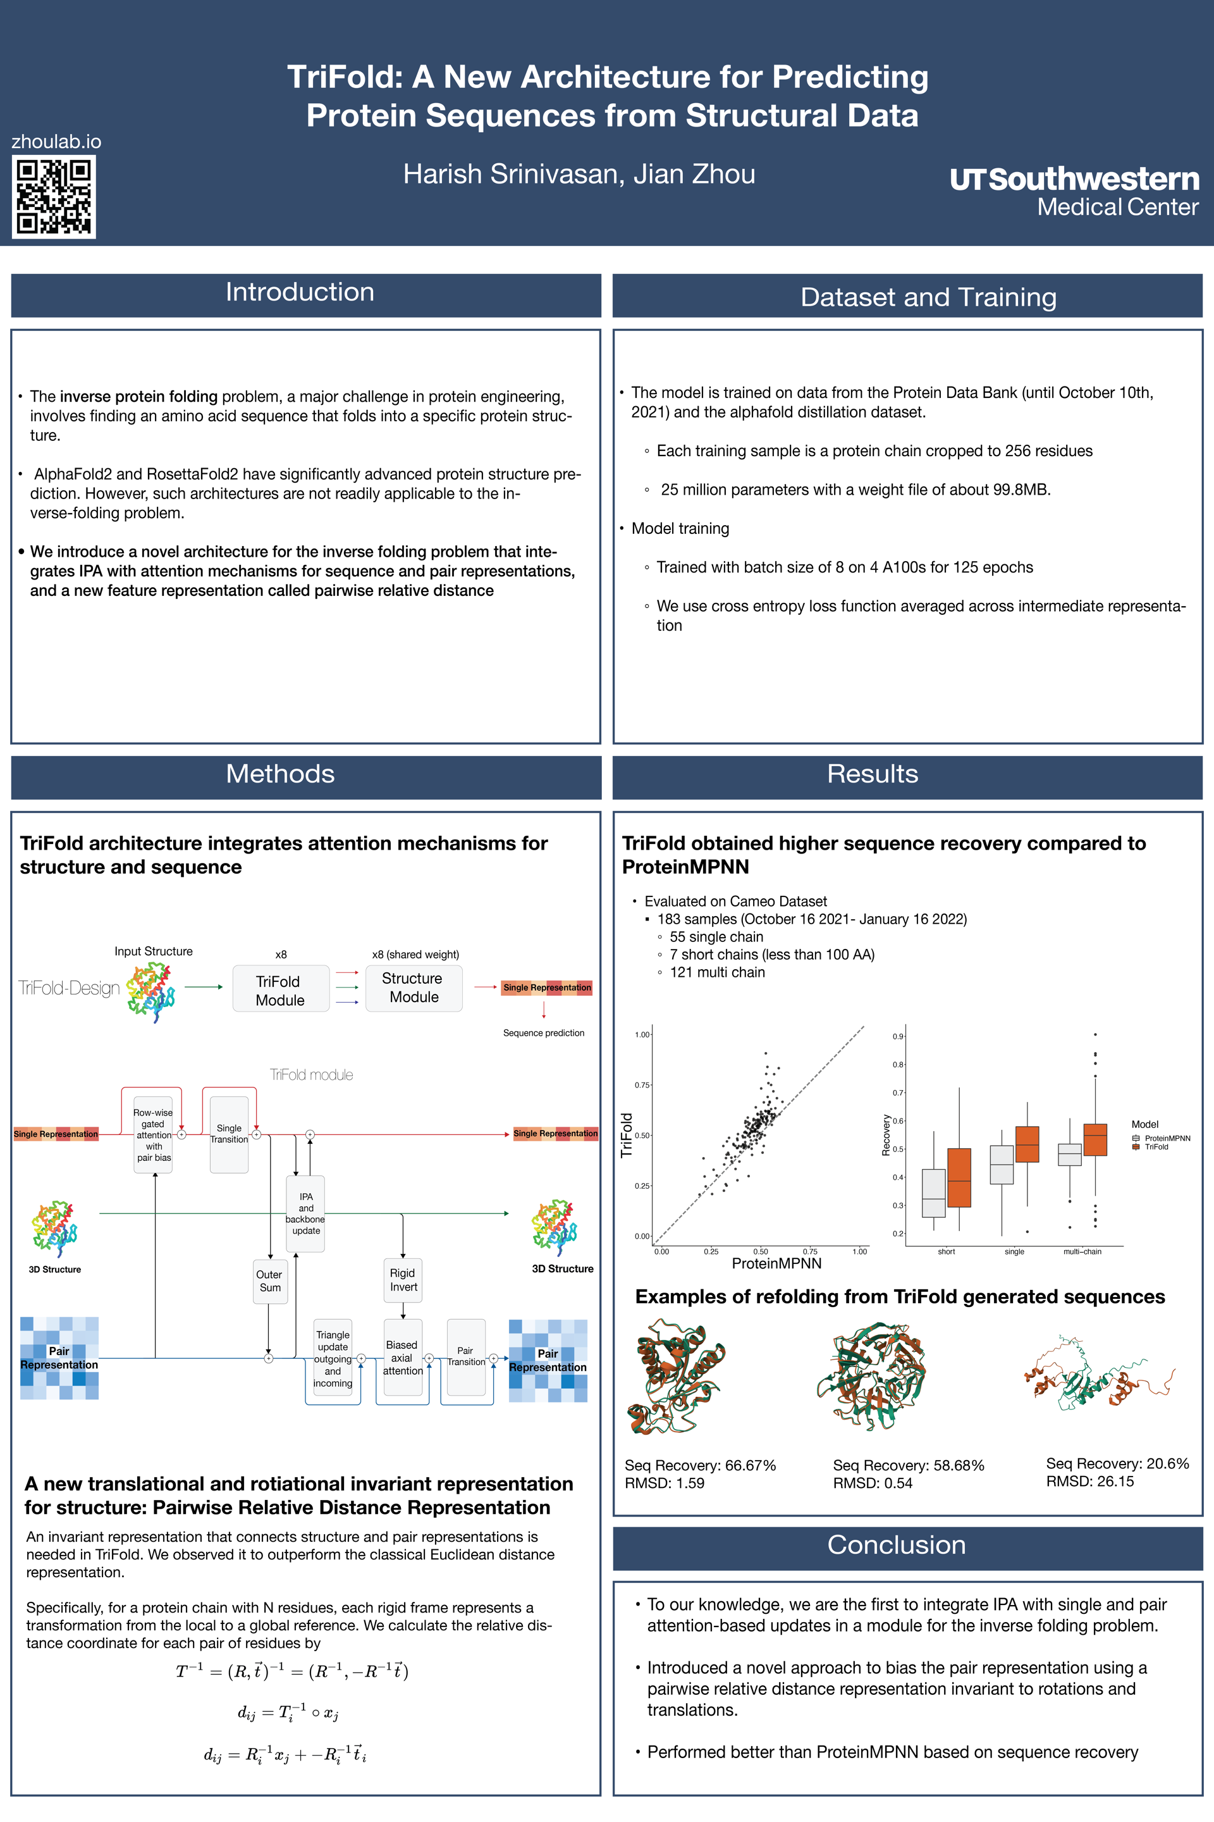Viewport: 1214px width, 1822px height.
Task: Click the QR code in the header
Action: [53, 196]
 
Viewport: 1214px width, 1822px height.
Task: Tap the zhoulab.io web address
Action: [56, 142]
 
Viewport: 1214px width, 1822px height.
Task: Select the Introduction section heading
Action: [300, 293]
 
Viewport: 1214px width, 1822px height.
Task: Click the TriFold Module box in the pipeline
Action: [280, 990]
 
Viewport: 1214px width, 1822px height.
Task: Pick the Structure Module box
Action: [414, 988]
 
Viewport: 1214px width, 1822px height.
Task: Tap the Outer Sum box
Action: [269, 1280]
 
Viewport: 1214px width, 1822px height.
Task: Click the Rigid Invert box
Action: [403, 1280]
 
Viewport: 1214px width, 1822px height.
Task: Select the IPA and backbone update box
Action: [306, 1213]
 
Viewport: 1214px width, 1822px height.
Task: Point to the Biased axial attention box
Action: [403, 1357]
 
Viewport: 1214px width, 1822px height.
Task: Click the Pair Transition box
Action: [465, 1356]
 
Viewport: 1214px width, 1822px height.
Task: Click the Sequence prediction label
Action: [544, 1032]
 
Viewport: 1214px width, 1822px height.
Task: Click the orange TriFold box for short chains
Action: [959, 1177]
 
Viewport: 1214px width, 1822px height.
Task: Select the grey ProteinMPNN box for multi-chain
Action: [1069, 1154]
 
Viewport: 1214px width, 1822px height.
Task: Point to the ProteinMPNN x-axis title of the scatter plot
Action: [776, 1263]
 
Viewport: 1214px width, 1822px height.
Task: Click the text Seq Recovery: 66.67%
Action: [700, 1465]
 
